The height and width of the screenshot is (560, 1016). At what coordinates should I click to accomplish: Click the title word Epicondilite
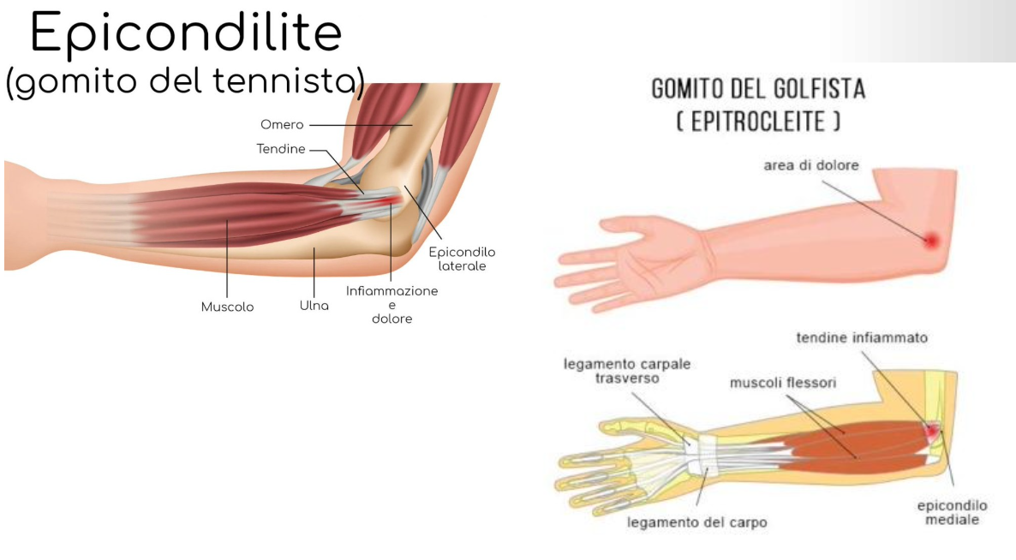coord(185,34)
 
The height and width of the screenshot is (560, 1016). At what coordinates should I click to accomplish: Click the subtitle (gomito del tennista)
coord(184,83)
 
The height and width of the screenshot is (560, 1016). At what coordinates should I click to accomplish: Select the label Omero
coord(282,125)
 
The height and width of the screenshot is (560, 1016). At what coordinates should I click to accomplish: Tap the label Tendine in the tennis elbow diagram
coord(281,149)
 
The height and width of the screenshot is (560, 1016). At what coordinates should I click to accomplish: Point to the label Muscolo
coord(227,307)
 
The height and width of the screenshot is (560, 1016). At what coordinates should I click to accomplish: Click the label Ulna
coord(314,306)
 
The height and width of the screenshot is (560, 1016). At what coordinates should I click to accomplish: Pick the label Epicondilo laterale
coord(463,259)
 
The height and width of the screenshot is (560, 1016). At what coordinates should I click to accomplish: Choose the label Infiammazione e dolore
coord(391,305)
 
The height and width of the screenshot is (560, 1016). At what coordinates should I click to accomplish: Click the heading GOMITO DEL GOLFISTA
coord(758,88)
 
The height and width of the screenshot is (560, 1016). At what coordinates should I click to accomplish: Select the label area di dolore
coord(810,165)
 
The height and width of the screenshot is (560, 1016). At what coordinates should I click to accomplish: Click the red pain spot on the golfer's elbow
coord(931,241)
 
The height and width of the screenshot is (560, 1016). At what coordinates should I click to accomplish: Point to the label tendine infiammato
coord(862,338)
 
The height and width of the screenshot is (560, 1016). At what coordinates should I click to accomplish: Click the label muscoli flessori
coord(783,383)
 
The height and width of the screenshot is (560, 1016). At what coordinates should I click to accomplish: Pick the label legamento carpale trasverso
coord(627,371)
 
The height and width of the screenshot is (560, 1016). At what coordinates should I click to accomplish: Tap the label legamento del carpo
coord(696,521)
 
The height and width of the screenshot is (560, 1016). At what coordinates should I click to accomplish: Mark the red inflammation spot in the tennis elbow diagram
coord(391,201)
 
